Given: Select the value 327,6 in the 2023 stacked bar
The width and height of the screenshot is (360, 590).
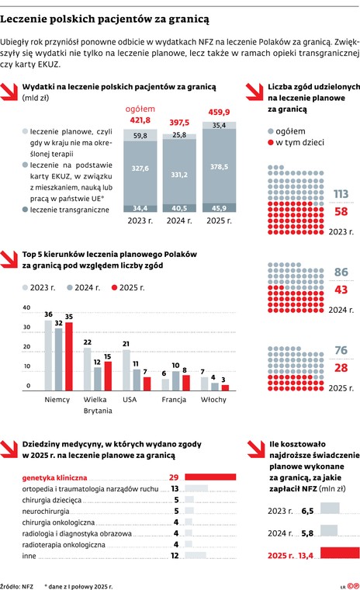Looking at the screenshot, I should pos(140,168).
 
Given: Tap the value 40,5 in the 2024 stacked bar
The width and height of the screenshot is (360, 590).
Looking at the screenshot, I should pos(178,208).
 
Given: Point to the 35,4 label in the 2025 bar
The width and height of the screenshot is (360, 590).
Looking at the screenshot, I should pos(218,125).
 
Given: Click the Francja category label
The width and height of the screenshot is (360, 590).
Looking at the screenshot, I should pos(175,400).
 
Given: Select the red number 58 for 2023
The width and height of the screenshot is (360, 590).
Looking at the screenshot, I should pos(340,212).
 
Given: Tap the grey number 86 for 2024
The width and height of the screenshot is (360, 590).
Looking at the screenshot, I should pos(340,272).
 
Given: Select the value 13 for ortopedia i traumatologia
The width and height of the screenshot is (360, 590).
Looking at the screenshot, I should pos(175,489).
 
